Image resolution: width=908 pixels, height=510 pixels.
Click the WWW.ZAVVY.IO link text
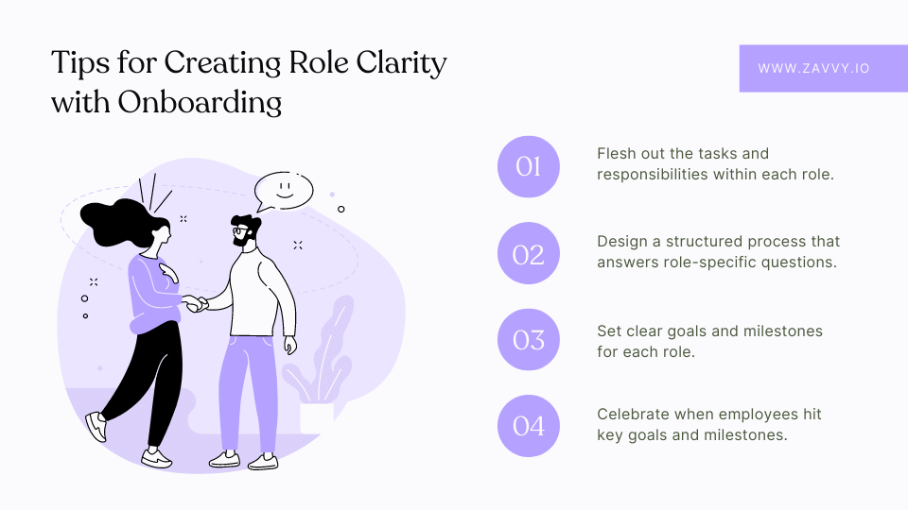click(813, 68)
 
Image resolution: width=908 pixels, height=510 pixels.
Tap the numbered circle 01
click(528, 166)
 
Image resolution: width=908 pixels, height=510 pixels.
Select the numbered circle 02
click(528, 253)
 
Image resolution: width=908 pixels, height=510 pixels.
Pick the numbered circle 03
click(528, 339)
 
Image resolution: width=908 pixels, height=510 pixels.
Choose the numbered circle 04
click(528, 426)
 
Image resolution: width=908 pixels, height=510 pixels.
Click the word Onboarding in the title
click(200, 102)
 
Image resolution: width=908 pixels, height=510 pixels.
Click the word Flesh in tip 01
click(616, 153)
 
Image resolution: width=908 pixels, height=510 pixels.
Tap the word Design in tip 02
click(622, 242)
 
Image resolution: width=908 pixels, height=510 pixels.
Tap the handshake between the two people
click(195, 303)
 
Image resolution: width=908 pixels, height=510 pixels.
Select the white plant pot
click(317, 418)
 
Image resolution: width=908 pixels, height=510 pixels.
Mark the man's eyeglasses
click(238, 230)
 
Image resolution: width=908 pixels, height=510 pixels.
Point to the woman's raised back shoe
click(96, 426)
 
